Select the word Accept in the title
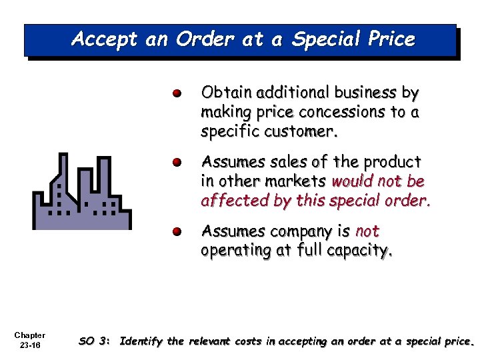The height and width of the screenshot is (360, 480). tap(103, 39)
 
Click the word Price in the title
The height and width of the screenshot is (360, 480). tap(389, 39)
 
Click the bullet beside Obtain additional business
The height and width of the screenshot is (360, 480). tap(176, 93)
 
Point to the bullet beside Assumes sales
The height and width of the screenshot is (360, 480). tap(176, 163)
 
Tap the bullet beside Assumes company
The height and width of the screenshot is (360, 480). tap(176, 232)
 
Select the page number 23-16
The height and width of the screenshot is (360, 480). tap(29, 346)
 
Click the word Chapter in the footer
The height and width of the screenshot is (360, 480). tap(29, 335)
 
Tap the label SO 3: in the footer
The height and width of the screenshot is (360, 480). tap(94, 341)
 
